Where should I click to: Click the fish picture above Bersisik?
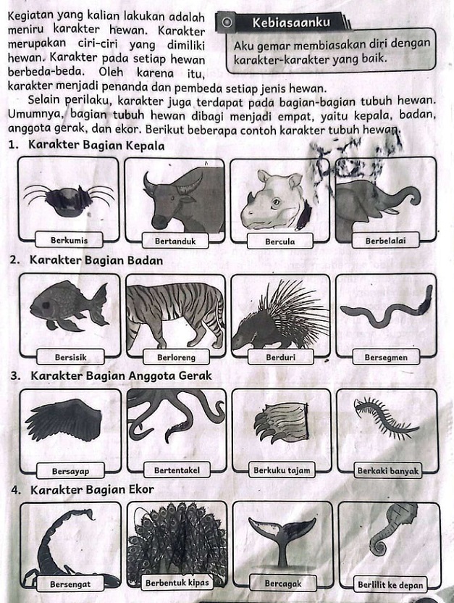pos(69,307)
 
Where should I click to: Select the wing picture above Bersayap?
pos(65,419)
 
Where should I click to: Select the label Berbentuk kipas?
pos(177,582)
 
